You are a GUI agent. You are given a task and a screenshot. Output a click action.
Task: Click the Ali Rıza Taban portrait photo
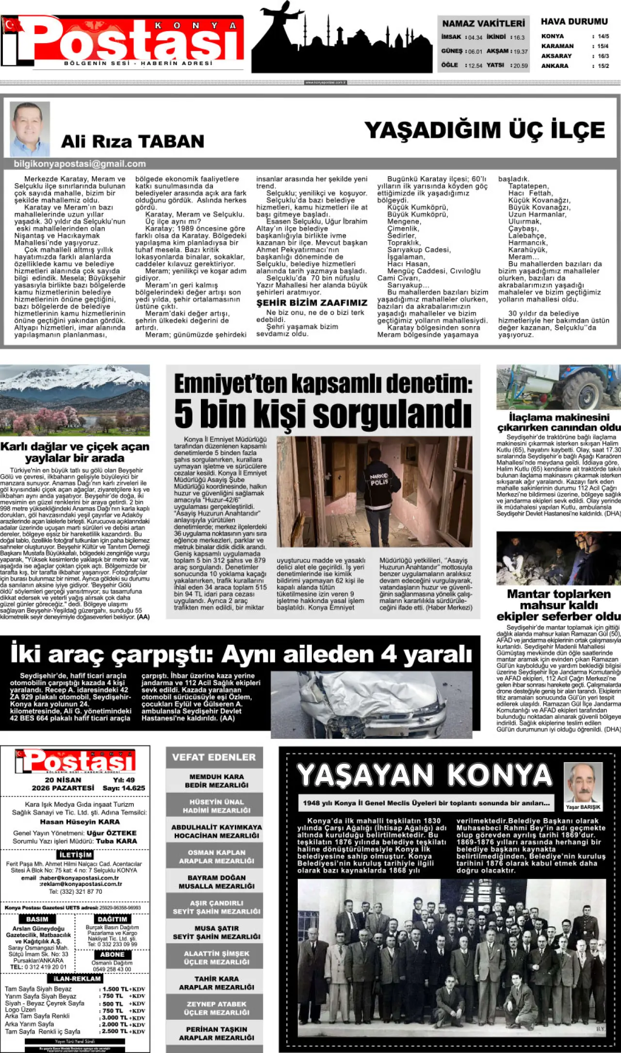coord(30,129)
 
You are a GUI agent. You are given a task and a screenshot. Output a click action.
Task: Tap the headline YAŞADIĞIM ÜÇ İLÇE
coord(485,130)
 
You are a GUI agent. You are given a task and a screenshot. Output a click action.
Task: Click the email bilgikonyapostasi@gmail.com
coord(80,164)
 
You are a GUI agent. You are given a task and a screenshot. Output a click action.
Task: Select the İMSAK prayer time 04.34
coord(475,37)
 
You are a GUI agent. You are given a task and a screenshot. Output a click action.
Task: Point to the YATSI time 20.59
coord(521,66)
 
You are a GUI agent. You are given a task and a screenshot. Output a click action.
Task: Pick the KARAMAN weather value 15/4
coord(603,46)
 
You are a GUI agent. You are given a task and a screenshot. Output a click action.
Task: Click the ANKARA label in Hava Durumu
coord(555,66)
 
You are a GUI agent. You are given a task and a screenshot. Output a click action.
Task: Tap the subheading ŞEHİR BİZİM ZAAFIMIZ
coord(311,302)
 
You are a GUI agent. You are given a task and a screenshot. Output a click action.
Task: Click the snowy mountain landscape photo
coord(75,400)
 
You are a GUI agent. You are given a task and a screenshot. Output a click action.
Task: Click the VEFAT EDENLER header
coord(214,757)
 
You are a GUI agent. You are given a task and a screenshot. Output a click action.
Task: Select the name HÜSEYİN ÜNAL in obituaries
coord(216,802)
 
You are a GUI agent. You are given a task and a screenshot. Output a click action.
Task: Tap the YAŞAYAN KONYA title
coord(425,775)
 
